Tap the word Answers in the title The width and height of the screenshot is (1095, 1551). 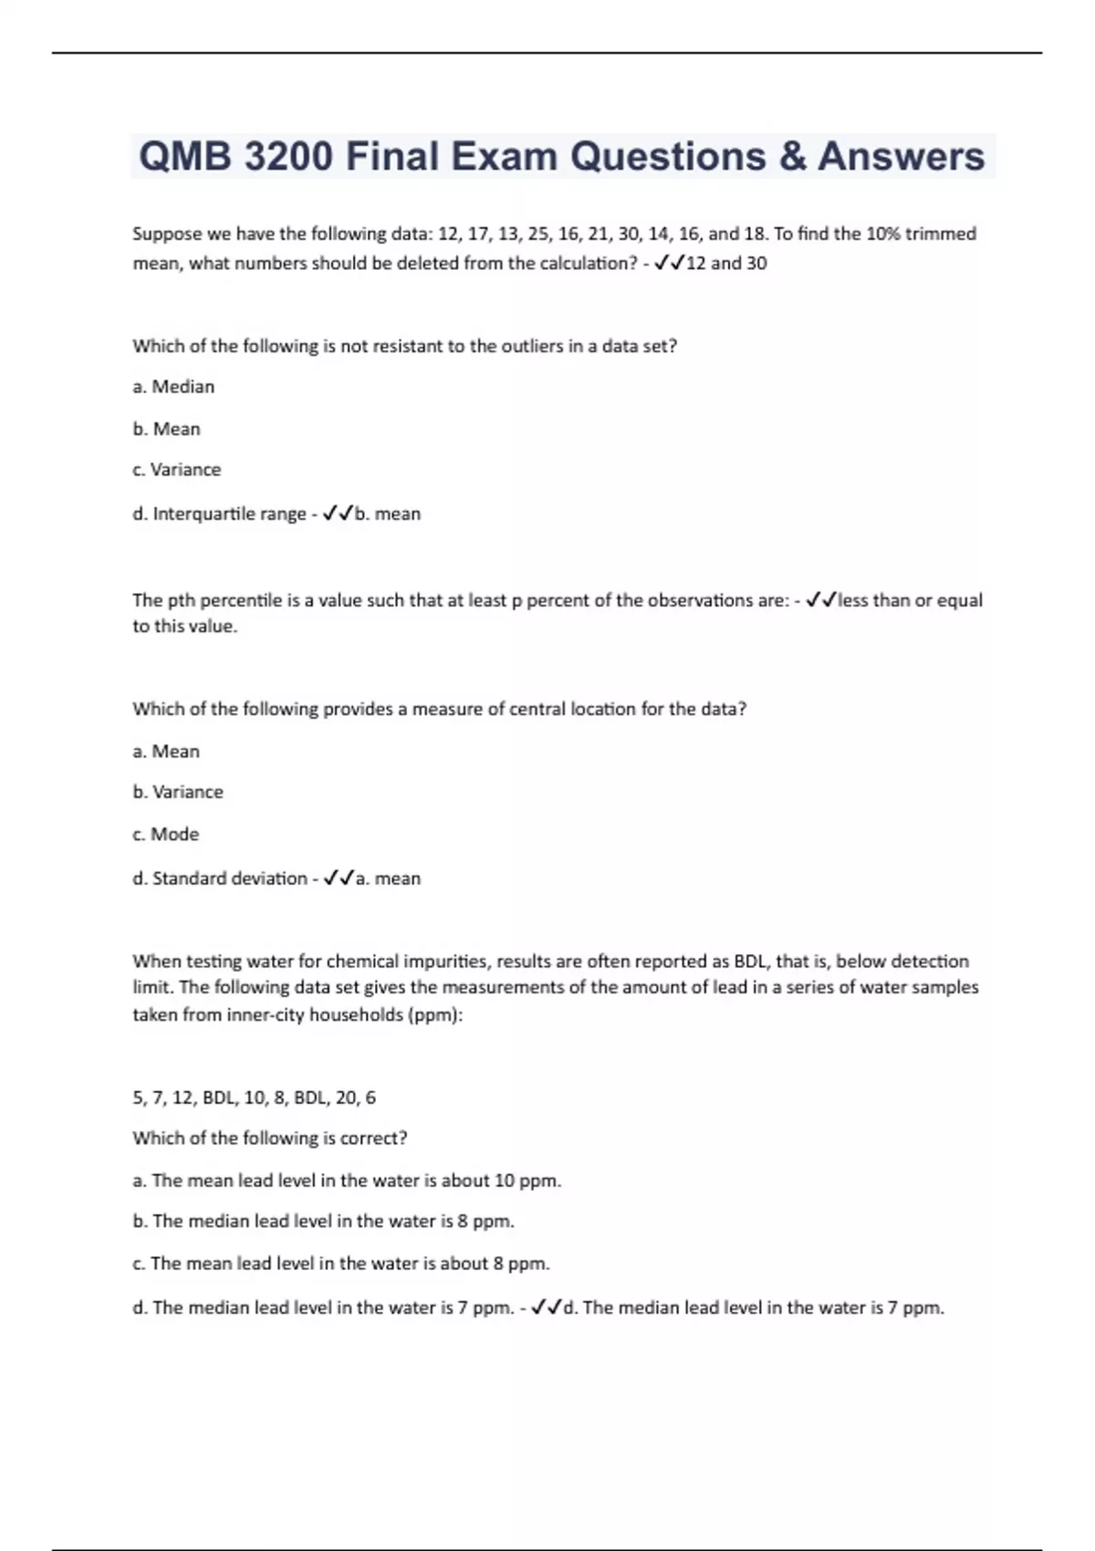tap(900, 156)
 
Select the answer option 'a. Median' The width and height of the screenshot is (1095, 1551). tap(173, 387)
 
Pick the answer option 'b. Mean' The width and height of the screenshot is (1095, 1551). tap(166, 429)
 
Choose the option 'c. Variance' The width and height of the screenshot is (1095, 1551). tap(177, 470)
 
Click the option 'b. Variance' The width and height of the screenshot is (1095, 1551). tap(178, 792)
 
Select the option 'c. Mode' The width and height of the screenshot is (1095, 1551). tap(165, 834)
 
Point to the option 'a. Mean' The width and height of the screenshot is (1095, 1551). tap(166, 751)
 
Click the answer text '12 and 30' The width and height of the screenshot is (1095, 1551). tap(726, 264)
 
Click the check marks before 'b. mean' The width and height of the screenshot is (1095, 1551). tap(338, 514)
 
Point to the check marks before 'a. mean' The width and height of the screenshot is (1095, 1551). tap(339, 878)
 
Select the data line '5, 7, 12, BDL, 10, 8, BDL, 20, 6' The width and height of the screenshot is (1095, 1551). tap(254, 1098)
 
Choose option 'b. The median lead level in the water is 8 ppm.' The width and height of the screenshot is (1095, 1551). tap(324, 1221)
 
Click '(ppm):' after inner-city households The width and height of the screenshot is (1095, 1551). tap(438, 1015)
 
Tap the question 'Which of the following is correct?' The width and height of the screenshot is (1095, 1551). tap(270, 1139)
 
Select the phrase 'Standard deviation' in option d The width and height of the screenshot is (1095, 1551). tap(229, 878)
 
